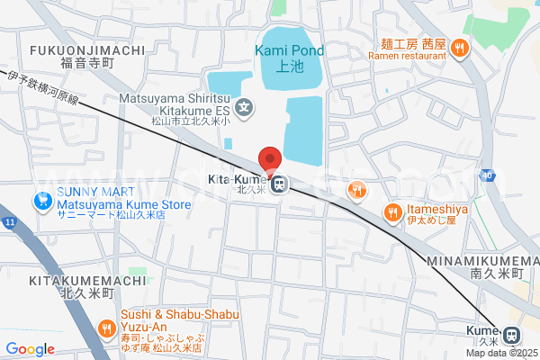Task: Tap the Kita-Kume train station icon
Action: (279, 184)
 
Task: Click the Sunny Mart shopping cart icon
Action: (40, 201)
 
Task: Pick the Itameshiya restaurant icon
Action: (392, 212)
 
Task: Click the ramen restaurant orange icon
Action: (459, 49)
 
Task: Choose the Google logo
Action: (30, 349)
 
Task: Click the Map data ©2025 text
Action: (501, 352)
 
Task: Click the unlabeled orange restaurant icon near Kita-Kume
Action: (358, 189)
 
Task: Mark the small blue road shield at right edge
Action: (487, 174)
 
